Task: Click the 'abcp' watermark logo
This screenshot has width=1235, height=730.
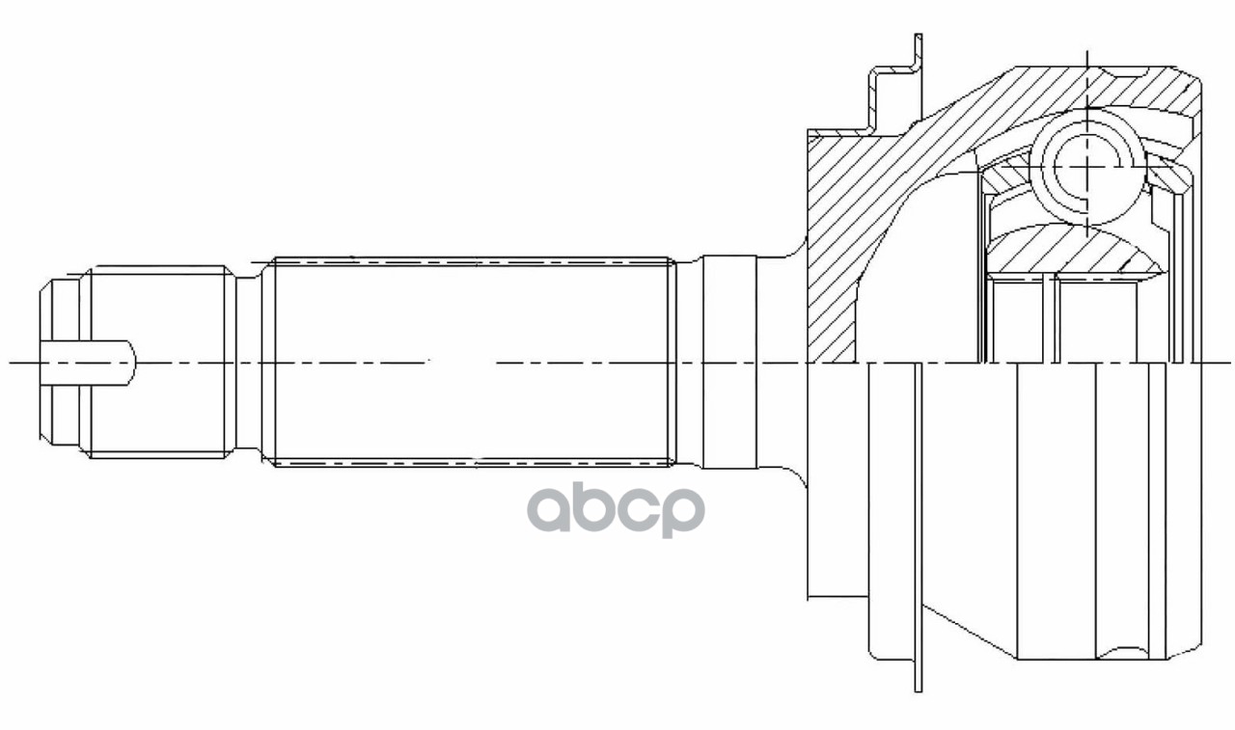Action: pos(616,508)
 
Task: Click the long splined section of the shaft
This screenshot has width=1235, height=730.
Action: pos(473,362)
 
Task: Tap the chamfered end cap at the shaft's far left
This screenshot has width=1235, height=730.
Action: pos(59,362)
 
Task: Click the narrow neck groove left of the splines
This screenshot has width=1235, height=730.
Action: pos(249,362)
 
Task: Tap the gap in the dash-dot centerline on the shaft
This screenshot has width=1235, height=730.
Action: pos(461,363)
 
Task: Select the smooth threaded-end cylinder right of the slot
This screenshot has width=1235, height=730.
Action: pos(159,362)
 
